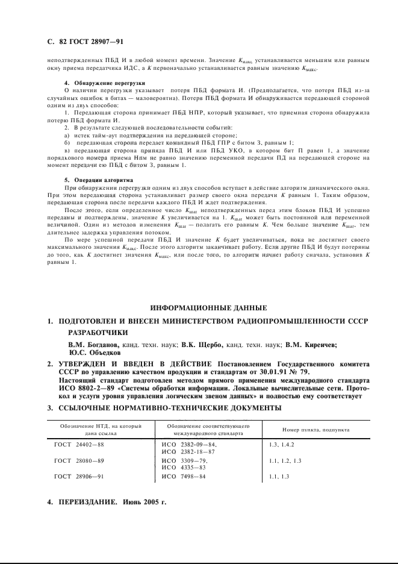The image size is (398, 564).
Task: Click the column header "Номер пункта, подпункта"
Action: [316, 429]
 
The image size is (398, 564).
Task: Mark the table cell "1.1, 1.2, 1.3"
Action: [281, 460]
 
